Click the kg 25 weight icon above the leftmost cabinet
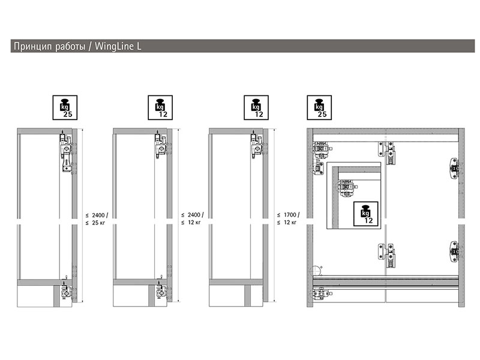[x=65, y=107]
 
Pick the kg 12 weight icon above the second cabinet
[x=160, y=107]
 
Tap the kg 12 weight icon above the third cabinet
[x=256, y=107]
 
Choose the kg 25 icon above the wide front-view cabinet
[x=319, y=107]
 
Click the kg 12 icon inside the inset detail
[x=366, y=214]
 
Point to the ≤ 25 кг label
[x=95, y=223]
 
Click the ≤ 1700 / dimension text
[x=289, y=215]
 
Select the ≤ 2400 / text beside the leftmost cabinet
[x=97, y=215]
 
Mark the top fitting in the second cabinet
[x=161, y=145]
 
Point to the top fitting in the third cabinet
[x=257, y=145]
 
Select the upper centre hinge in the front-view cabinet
[x=386, y=152]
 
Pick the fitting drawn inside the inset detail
[x=347, y=188]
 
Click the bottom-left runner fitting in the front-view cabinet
[x=321, y=294]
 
